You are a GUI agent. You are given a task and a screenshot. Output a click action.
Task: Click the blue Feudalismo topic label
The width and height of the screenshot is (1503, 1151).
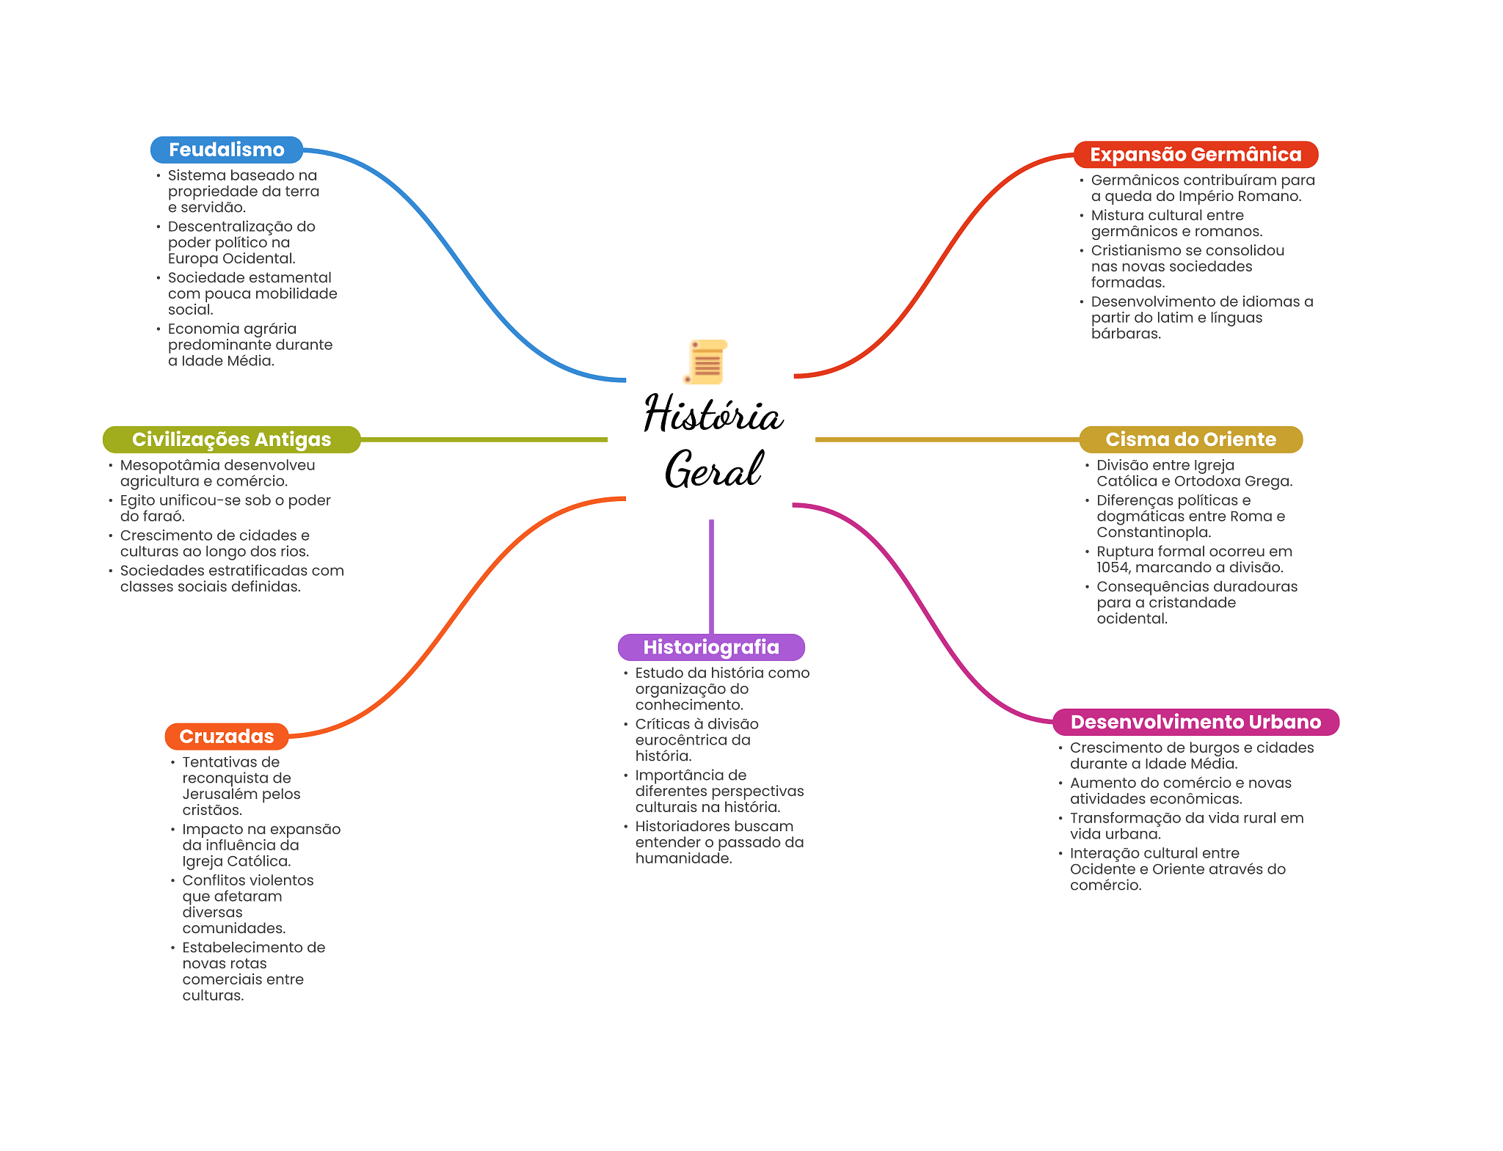point(227,150)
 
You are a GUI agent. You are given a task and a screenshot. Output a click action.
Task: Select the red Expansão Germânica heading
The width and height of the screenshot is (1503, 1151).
point(1196,155)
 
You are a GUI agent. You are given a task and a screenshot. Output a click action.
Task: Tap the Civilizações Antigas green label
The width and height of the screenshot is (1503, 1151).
point(231,439)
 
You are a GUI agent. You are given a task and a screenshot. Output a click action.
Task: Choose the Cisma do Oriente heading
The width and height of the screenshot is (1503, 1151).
point(1190,439)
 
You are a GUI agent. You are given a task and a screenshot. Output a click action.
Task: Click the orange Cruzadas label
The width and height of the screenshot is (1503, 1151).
point(227,737)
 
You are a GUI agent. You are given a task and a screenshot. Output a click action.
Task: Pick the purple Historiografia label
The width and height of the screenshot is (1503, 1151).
point(711,647)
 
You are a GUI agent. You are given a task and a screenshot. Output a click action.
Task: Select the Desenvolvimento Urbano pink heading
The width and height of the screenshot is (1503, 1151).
point(1196,722)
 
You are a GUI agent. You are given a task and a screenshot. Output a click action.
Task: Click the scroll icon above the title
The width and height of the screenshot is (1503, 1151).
point(706,362)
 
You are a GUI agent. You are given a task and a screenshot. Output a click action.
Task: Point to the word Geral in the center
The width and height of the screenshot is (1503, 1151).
point(713,469)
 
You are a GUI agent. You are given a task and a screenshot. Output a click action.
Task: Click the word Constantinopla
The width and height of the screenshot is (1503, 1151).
point(1154,533)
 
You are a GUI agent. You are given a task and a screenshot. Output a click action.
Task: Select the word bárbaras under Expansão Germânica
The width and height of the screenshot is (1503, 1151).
point(1126,334)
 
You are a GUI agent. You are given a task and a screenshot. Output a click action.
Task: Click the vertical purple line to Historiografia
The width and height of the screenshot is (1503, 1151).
point(711,577)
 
